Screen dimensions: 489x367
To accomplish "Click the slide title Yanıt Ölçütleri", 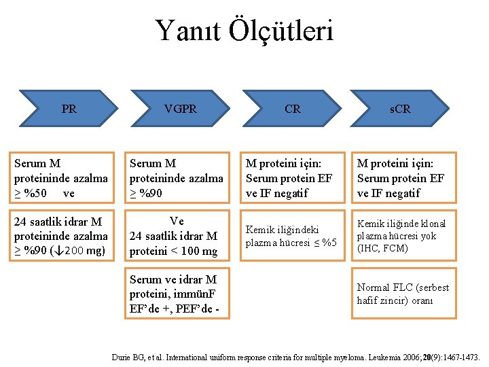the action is pos(244,30).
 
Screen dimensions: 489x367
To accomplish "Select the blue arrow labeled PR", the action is pos(69,109).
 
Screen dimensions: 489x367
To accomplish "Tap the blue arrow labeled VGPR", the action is pos(180,109).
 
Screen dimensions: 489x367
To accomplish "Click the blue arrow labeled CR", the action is pos(293,109).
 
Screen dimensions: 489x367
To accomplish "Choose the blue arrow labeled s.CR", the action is pos(400,109).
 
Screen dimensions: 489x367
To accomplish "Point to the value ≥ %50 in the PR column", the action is pos(31,193).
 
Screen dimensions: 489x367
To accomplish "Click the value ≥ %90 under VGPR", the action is pos(146,193).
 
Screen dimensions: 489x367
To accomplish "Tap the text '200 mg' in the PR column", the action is pos(86,251).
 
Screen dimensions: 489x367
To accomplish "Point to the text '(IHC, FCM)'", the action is pos(382,248).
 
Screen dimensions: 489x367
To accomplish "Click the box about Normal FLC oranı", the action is pos(403,294).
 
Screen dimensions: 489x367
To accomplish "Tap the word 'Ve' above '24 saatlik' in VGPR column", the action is pos(177,221).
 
